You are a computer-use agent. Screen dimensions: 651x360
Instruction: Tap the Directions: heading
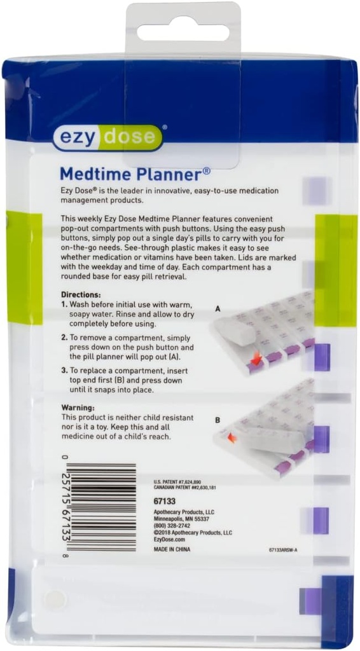[81, 295]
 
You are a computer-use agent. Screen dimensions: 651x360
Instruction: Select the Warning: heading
[78, 407]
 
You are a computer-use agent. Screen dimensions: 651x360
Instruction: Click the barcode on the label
[101, 506]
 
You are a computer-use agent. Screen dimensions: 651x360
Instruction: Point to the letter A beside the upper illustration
[218, 308]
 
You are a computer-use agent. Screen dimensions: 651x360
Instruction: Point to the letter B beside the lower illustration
[218, 420]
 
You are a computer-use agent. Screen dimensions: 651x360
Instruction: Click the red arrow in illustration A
[256, 360]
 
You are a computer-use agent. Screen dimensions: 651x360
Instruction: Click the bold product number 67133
[165, 501]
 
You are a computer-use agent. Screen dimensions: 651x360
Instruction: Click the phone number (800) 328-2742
[172, 526]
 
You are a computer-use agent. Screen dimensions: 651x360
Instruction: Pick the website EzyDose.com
[169, 540]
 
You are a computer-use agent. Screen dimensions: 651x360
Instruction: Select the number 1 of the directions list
[64, 305]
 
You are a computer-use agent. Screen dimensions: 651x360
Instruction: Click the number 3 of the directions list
[64, 370]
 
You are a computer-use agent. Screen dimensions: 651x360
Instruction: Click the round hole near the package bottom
[54, 598]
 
